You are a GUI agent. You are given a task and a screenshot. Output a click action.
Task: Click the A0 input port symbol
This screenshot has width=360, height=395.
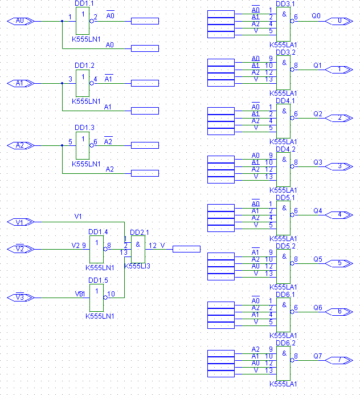(x=21, y=21)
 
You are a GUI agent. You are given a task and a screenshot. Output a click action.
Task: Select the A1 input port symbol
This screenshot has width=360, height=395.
(x=21, y=83)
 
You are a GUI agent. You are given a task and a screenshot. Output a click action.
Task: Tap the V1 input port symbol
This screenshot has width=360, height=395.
(x=21, y=222)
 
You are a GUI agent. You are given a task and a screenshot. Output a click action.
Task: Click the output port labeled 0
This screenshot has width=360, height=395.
(x=339, y=21)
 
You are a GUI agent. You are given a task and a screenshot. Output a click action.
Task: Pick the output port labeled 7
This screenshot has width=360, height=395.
(x=339, y=360)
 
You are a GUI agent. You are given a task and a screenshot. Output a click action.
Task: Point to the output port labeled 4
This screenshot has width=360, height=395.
(x=339, y=215)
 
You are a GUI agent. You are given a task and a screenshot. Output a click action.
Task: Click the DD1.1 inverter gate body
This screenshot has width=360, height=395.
(x=83, y=21)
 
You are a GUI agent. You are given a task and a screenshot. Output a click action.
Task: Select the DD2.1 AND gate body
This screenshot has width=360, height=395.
(x=138, y=250)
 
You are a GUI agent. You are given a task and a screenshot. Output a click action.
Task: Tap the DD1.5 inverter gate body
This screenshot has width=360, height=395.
(x=96, y=298)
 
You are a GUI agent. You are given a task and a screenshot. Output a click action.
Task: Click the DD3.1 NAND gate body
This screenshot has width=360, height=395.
(x=284, y=24)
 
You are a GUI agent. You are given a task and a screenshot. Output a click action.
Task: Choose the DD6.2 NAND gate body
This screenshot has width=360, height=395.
(x=284, y=363)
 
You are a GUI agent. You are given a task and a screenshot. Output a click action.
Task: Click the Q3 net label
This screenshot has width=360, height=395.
(x=318, y=162)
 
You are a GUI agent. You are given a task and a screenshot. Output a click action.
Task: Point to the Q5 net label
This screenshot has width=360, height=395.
(x=318, y=259)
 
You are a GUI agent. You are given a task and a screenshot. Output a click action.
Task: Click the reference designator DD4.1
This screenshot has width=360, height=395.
(x=285, y=101)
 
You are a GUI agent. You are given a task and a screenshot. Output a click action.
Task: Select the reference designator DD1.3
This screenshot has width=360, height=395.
(x=84, y=128)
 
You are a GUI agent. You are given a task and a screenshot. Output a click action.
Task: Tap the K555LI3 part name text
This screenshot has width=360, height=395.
(x=137, y=266)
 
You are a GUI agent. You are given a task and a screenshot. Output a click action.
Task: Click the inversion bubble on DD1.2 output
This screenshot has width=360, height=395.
(x=92, y=83)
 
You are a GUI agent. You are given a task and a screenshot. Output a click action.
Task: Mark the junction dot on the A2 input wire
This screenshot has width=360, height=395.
(x=62, y=145)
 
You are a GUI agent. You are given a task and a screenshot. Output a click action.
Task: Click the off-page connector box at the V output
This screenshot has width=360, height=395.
(x=186, y=249)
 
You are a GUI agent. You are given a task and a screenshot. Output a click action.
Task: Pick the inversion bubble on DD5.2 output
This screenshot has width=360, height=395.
(x=292, y=263)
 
